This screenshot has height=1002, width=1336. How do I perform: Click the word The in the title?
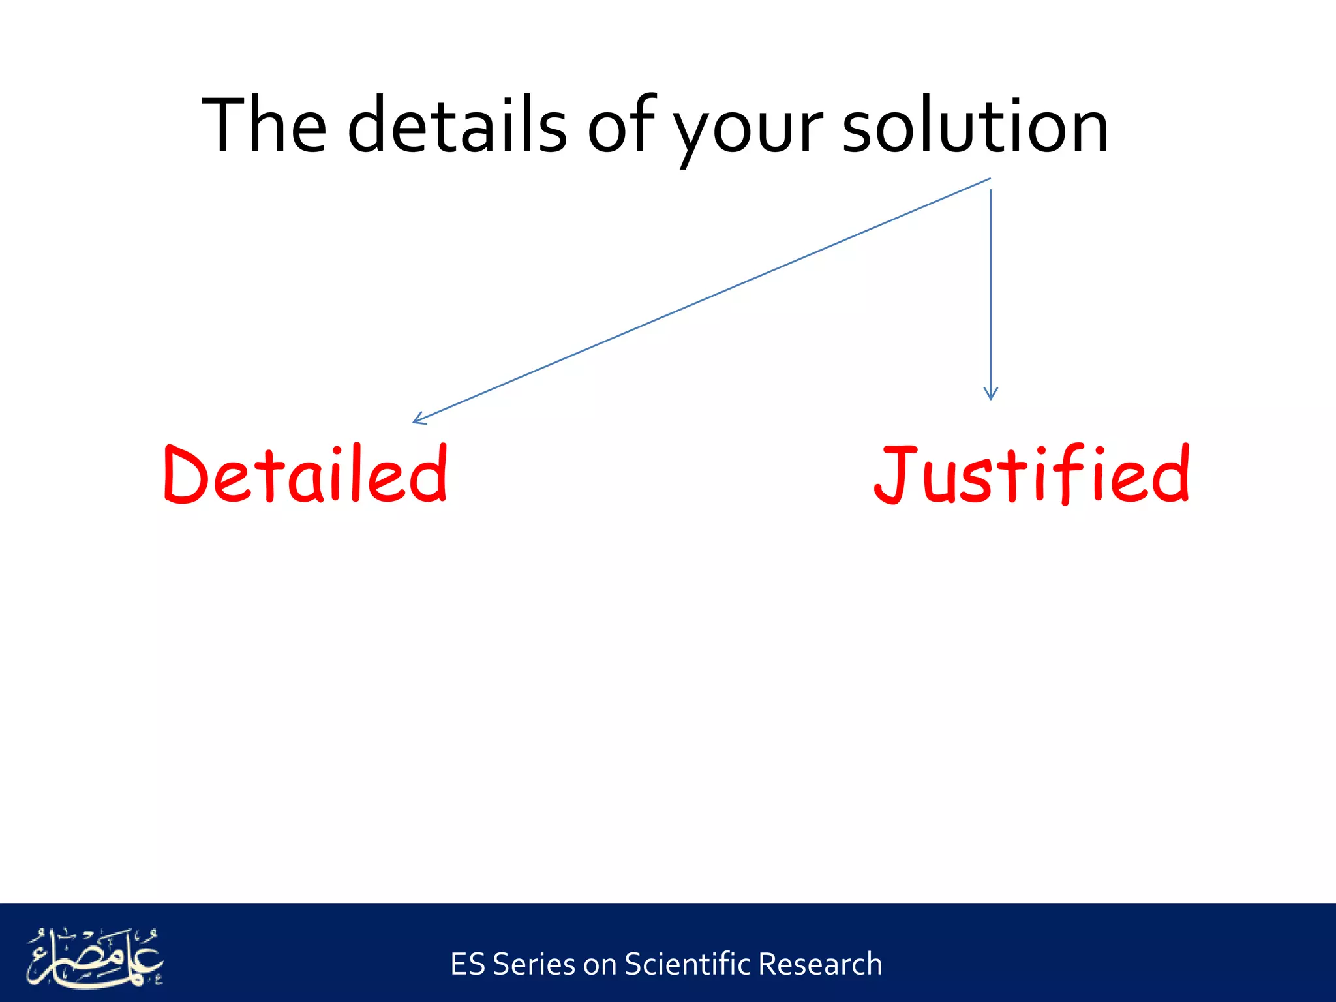[264, 125]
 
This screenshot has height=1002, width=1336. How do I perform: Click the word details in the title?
[457, 125]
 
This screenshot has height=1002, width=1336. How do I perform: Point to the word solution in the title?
[975, 125]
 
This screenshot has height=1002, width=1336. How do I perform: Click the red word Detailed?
[305, 474]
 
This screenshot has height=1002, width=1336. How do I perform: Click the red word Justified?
[1032, 474]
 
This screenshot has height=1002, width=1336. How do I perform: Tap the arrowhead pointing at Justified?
[990, 393]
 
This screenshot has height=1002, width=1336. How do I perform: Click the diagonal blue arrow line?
[701, 300]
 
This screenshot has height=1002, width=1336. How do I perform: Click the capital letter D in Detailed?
[185, 474]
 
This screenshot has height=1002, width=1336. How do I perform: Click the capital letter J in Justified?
[895, 474]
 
